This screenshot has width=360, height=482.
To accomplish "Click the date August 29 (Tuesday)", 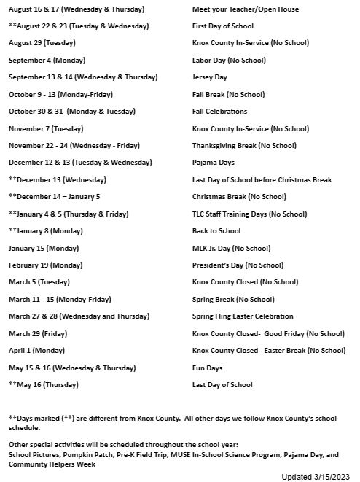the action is point(42,43).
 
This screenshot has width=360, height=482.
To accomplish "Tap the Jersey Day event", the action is point(208,77).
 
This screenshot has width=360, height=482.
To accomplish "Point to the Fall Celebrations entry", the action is point(219,112).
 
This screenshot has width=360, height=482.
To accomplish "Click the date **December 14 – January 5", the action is point(55,197).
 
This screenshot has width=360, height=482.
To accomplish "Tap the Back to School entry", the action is point(216,231).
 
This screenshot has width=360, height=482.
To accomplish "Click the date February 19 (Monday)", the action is point(46,265).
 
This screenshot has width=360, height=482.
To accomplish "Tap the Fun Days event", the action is point(207,368).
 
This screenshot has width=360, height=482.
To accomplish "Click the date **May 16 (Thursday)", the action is point(44,384).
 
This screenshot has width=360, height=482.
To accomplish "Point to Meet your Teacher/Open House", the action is point(235,9).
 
